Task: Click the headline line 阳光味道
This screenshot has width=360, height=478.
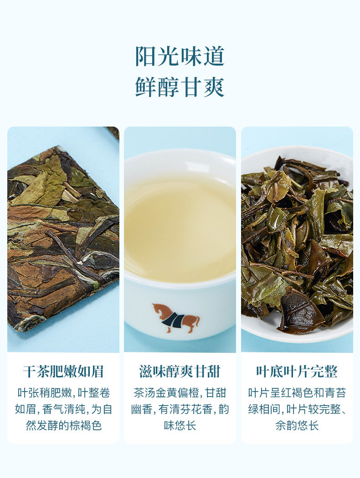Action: coord(180,56)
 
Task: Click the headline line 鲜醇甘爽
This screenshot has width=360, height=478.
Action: coord(180,86)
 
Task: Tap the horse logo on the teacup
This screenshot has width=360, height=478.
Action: coord(176,317)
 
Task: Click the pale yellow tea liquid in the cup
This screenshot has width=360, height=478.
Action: coord(180,228)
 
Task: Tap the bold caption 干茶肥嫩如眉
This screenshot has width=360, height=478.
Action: coord(63,372)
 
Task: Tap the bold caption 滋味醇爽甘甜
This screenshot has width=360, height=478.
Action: coord(180,372)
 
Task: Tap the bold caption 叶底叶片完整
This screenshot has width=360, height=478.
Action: coord(297,372)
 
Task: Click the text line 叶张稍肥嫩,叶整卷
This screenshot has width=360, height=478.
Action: coord(63,393)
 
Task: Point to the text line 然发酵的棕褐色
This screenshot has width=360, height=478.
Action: coord(63,426)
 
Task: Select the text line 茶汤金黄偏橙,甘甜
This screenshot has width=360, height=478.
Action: coord(180,393)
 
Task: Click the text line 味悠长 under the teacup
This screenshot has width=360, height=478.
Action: coord(180,426)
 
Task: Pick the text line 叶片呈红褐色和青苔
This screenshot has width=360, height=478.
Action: coord(297,393)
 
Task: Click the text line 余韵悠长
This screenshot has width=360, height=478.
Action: coord(297,426)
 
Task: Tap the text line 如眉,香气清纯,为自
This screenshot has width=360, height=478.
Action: coord(63,409)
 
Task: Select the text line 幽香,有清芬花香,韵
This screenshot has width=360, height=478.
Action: coord(180,409)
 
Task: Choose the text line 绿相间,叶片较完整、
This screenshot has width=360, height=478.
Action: coord(297,409)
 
